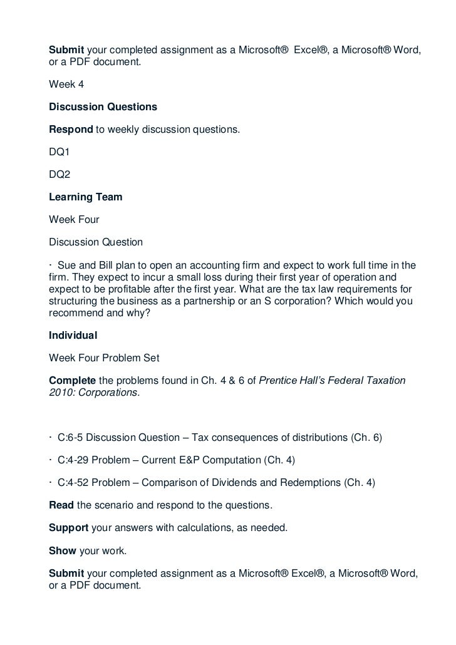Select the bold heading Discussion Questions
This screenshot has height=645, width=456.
coord(103,107)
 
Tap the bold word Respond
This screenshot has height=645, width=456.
coord(71,130)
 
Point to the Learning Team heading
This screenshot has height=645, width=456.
coord(86,197)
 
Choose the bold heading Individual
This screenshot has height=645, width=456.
coord(73,336)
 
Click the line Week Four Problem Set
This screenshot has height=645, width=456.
coord(104,358)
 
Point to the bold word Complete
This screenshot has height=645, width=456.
coord(73,381)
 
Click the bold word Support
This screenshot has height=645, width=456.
coord(69,528)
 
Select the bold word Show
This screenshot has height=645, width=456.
coord(62,550)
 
